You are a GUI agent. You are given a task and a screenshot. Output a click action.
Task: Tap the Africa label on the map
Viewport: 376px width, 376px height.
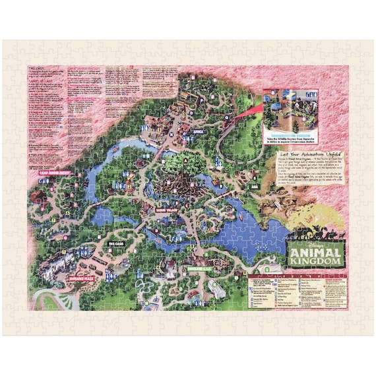point(196,132)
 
